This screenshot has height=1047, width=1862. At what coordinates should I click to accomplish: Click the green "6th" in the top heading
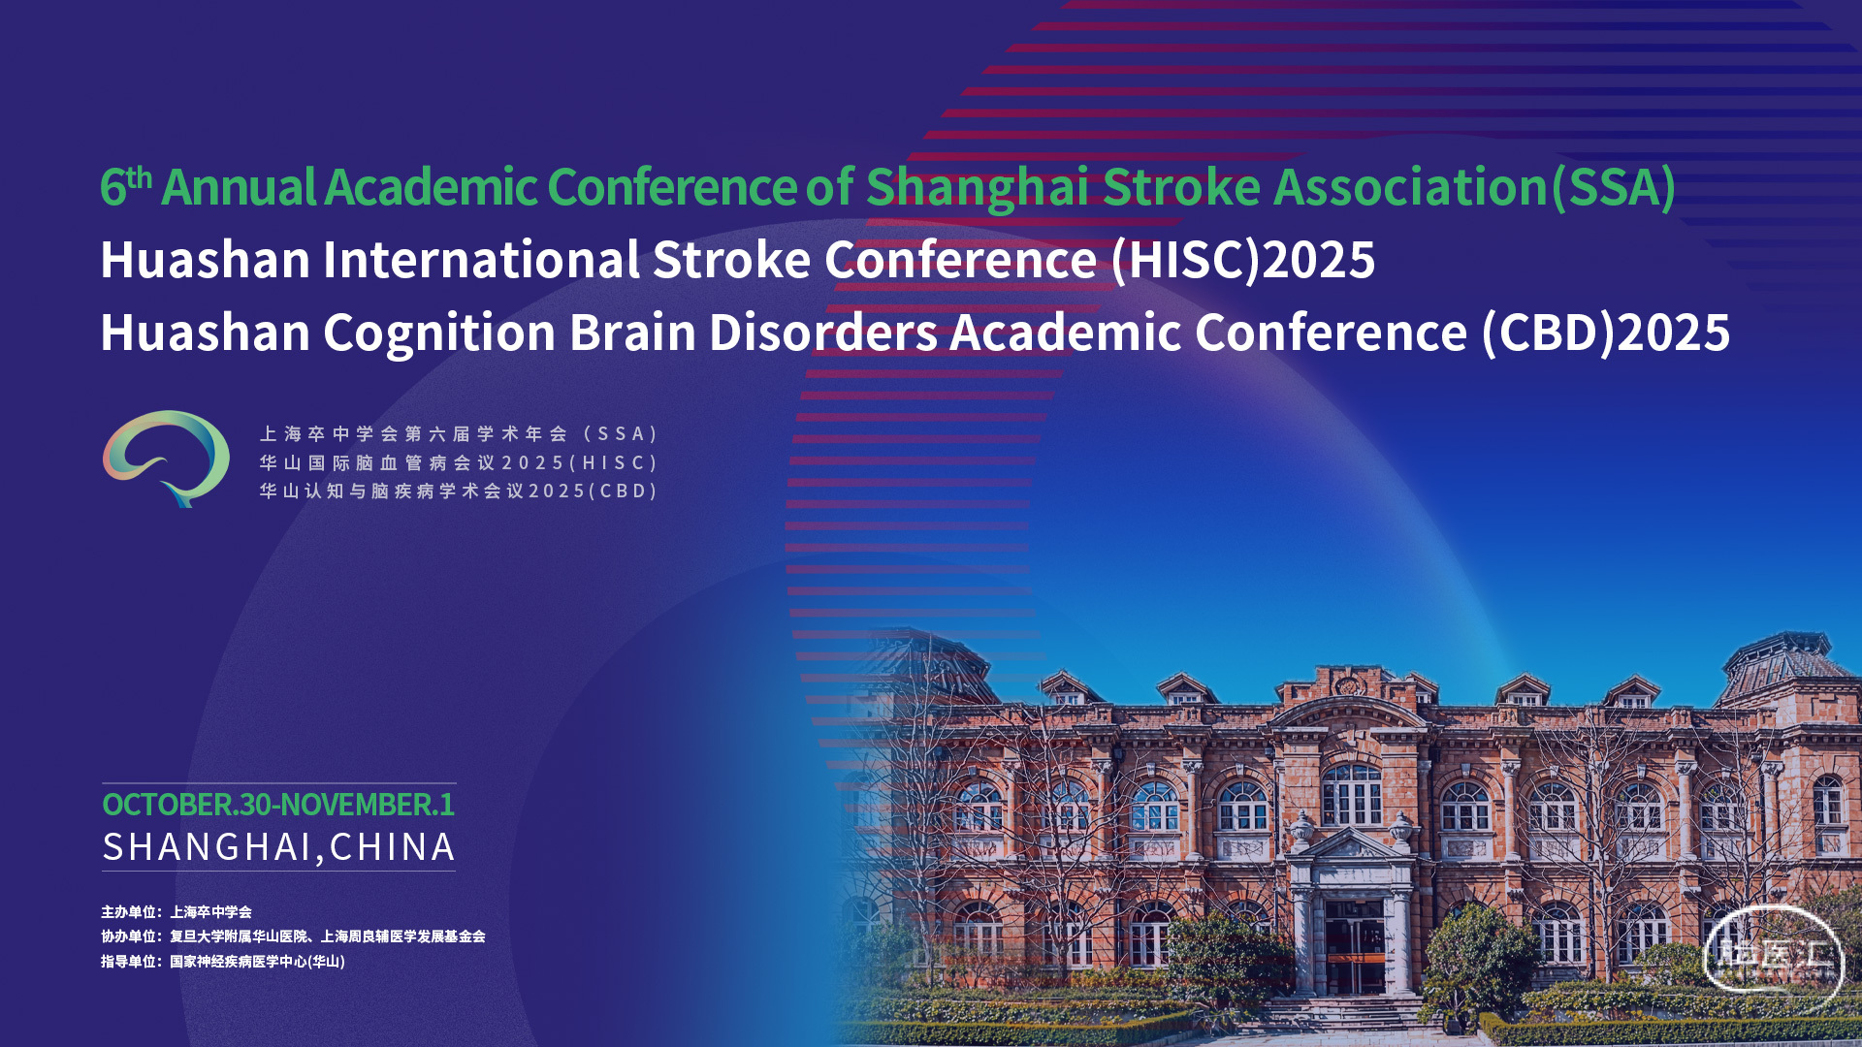click(x=126, y=186)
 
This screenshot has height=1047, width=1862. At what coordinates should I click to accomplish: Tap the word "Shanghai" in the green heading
click(x=977, y=188)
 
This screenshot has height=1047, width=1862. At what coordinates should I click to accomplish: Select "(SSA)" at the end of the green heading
click(x=1613, y=188)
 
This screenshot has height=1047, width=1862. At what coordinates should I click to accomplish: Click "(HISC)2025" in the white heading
click(x=1243, y=261)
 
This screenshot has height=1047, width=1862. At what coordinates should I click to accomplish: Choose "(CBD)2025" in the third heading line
click(x=1606, y=333)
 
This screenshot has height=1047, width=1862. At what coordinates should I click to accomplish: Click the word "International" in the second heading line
click(x=481, y=260)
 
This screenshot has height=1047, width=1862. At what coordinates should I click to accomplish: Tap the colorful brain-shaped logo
click(x=166, y=459)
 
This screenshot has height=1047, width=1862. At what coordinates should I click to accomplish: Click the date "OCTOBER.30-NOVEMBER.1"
click(x=278, y=805)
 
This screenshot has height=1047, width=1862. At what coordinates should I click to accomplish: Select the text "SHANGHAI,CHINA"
click(x=278, y=847)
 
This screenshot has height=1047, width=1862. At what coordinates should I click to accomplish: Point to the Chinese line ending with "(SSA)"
click(x=459, y=434)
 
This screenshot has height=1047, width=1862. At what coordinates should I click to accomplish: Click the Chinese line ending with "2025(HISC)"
click(x=459, y=463)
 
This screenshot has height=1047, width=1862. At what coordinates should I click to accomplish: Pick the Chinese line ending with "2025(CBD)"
click(x=459, y=492)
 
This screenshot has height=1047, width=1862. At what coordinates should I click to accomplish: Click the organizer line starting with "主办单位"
click(x=177, y=912)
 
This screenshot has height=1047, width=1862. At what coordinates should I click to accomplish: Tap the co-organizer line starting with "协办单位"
click(x=293, y=936)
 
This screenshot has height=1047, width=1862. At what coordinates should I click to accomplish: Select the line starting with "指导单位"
click(x=223, y=962)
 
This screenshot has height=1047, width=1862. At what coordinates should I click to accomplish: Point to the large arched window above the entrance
click(x=1352, y=795)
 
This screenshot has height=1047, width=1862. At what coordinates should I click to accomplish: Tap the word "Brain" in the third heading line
click(x=632, y=333)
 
